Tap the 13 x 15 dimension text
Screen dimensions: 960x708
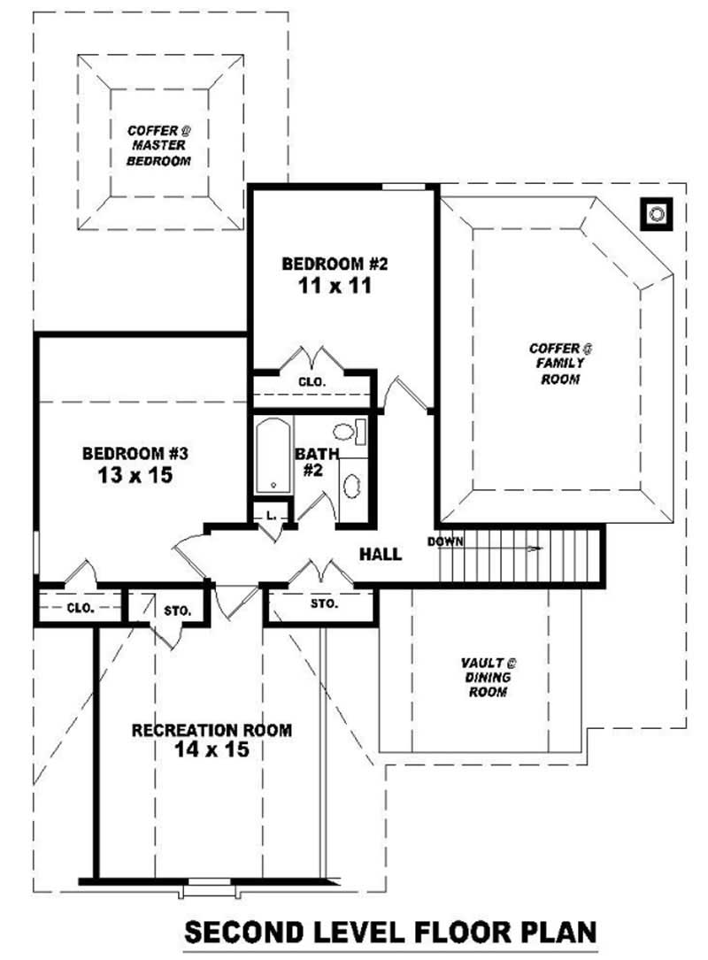click(x=135, y=475)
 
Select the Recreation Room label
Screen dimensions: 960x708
click(x=212, y=730)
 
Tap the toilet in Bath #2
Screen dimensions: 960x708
click(x=349, y=432)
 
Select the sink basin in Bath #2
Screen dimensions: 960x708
click(x=352, y=487)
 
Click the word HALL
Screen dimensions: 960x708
click(x=381, y=555)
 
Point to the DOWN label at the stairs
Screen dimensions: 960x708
click(x=445, y=541)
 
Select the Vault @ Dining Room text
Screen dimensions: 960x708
click(x=488, y=677)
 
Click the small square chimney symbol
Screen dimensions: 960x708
click(x=656, y=213)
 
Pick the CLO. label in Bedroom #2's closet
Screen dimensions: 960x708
click(x=312, y=381)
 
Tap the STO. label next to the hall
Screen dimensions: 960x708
click(x=324, y=603)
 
